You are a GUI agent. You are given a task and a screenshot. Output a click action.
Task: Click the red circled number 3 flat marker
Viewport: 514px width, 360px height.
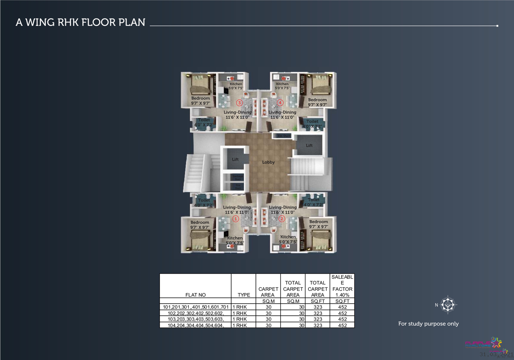coord(239,103)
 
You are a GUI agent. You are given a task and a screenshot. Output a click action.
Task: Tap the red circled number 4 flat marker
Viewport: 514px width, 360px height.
coord(280,102)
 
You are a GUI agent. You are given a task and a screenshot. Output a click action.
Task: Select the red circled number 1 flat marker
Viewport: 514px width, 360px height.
coord(236,219)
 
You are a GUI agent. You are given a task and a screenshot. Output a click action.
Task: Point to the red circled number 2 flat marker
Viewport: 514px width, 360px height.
coord(282,219)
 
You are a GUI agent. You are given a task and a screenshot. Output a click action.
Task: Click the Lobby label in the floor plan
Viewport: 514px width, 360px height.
coord(268,162)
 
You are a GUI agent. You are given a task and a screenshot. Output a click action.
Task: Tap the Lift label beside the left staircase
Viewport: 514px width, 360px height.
coord(235,160)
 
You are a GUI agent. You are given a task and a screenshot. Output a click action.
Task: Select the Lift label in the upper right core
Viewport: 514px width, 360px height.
coord(309,146)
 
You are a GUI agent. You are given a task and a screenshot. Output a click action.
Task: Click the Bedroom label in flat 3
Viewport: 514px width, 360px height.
coord(201,99)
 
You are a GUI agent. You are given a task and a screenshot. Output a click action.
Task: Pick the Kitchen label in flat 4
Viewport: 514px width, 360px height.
coord(282,84)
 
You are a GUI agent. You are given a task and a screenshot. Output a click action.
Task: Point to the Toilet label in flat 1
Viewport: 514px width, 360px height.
coord(204,200)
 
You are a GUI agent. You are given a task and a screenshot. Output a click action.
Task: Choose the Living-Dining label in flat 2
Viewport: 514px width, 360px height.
coord(283,207)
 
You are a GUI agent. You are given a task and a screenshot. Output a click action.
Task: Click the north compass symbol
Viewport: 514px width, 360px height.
coord(448,305)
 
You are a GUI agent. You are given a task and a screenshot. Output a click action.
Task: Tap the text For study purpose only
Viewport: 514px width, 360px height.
coord(428,324)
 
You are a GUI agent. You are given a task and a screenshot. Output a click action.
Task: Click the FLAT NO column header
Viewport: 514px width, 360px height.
coord(195,295)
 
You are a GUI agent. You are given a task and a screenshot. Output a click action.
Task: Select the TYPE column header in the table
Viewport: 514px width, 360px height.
coord(244,295)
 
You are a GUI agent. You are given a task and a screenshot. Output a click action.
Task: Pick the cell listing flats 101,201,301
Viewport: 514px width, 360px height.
coord(196,307)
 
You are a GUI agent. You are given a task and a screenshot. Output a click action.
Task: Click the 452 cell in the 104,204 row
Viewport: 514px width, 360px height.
coord(342,325)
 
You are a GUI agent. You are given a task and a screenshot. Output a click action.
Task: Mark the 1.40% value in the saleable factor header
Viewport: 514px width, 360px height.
coord(342,295)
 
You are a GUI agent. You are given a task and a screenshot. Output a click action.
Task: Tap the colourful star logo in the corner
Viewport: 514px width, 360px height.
coord(496,343)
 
